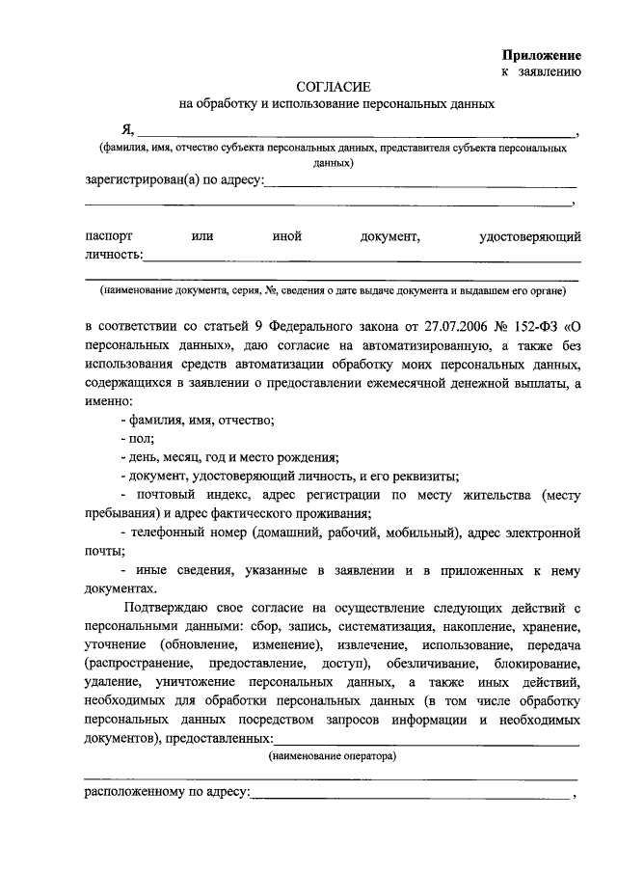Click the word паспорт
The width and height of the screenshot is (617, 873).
coord(109,235)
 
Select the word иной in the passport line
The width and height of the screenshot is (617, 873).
coord(288,235)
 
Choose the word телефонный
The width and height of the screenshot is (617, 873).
coord(174,532)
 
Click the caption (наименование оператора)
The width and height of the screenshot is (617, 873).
coord(334,757)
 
